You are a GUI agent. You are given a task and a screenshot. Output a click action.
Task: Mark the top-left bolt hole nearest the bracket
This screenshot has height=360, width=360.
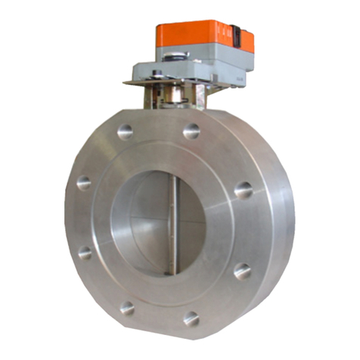click(x=126, y=132)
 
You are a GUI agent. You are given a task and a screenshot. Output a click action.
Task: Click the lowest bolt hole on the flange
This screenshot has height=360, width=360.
click(x=191, y=318)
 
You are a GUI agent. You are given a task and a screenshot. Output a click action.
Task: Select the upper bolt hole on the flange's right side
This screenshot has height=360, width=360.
click(x=243, y=189)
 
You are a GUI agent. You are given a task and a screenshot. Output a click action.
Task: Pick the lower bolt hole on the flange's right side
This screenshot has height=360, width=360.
click(x=242, y=270)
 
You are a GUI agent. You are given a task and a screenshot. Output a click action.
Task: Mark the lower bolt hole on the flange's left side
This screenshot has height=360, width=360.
click(x=85, y=252)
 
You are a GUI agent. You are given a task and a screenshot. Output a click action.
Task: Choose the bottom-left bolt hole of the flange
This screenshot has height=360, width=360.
click(x=127, y=307)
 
